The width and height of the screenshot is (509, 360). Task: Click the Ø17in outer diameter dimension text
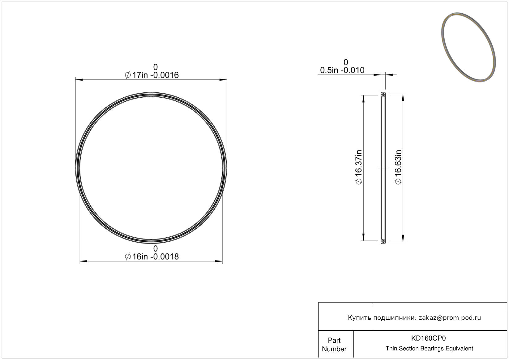coord(152,75)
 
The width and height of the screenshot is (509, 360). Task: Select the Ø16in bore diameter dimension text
coord(152,257)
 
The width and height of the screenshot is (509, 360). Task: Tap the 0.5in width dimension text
coord(342,70)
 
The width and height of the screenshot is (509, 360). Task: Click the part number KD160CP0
coord(428,338)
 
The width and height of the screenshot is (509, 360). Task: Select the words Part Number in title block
coord(334,345)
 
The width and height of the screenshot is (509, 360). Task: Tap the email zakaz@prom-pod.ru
coord(450,318)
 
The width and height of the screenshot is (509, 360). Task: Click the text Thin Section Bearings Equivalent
coord(429,349)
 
